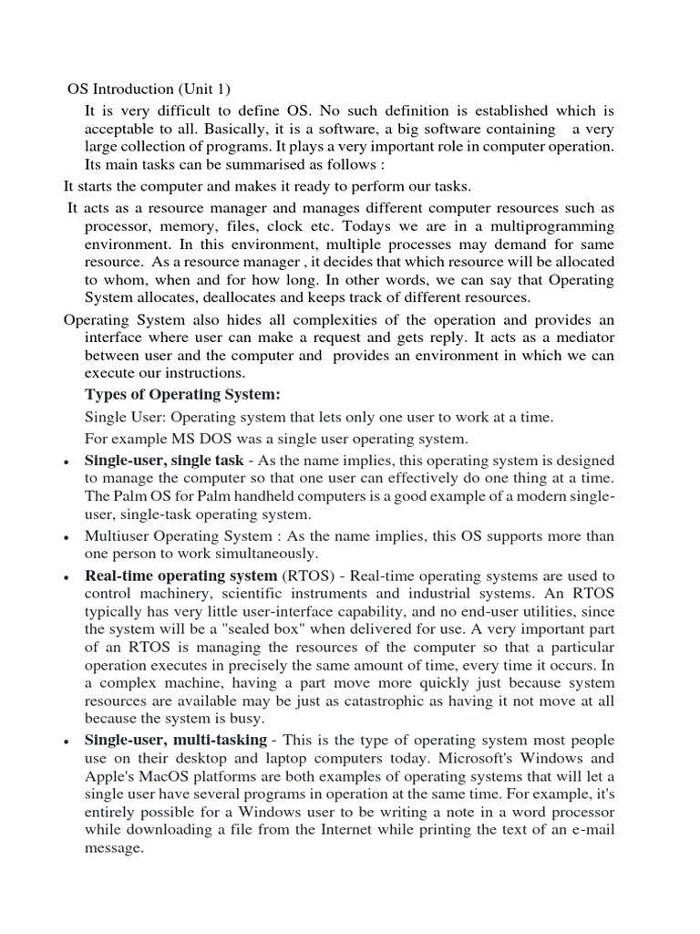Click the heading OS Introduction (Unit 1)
click(x=149, y=88)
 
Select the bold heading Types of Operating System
click(x=182, y=394)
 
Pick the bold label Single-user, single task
click(x=164, y=461)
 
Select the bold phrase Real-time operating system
click(x=180, y=576)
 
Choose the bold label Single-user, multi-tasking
click(x=176, y=740)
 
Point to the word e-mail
click(x=592, y=829)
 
